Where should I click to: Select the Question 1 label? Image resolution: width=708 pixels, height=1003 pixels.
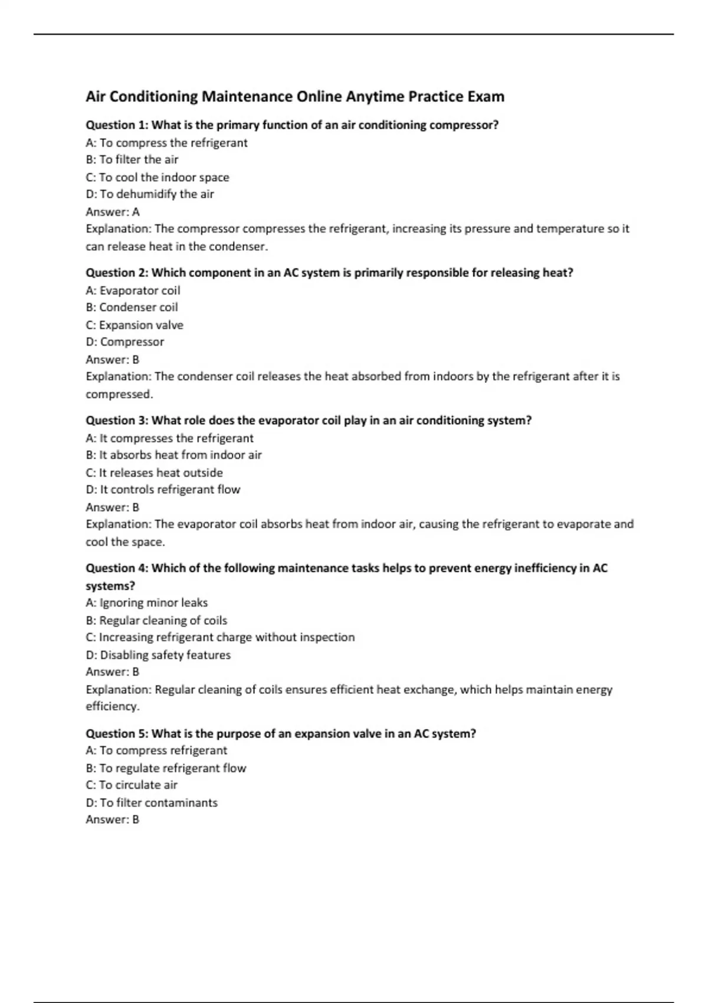[x=117, y=125]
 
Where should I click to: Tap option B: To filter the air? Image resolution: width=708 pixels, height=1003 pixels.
[x=132, y=160]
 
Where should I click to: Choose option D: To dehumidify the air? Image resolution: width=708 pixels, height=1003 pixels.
[x=150, y=194]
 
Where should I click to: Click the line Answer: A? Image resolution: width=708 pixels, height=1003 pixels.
[x=113, y=212]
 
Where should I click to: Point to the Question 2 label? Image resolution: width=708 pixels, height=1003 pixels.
[x=117, y=273]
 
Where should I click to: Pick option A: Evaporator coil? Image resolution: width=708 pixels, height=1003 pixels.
[x=133, y=290]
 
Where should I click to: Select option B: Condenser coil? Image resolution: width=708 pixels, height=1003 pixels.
[x=132, y=307]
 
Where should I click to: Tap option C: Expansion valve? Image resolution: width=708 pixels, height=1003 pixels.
[x=135, y=325]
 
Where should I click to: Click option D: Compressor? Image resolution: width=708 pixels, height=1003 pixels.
[x=124, y=342]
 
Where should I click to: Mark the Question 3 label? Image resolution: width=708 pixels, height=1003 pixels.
[x=117, y=421]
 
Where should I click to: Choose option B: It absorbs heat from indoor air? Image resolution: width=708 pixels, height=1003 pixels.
[x=173, y=455]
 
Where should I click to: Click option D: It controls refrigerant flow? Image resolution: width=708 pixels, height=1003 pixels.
[x=163, y=490]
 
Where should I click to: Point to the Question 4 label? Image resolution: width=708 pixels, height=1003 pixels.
[x=117, y=568]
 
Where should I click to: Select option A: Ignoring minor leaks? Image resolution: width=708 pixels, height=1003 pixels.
[x=146, y=603]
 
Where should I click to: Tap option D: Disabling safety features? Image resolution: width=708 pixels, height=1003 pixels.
[x=158, y=655]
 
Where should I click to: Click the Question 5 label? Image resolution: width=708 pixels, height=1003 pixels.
[x=117, y=733]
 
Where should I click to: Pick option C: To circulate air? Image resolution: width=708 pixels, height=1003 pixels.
[x=132, y=785]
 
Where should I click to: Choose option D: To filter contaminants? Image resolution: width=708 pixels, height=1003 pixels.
[x=152, y=803]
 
